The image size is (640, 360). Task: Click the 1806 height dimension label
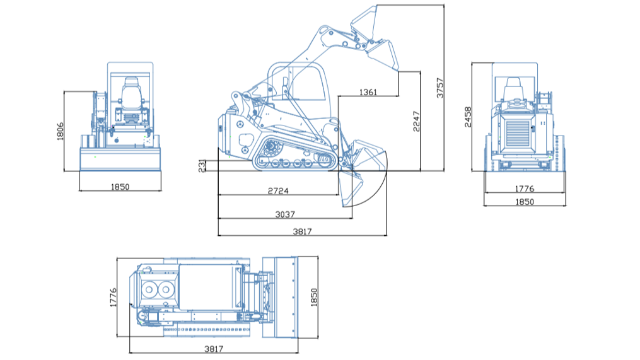[61, 132]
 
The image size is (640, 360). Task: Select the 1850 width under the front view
[120, 187]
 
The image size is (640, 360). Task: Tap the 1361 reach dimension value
[368, 92]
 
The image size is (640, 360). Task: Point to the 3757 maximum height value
[440, 88]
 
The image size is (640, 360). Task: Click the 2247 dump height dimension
[416, 120]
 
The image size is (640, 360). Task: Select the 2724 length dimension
[278, 191]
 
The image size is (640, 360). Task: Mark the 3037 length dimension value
[285, 214]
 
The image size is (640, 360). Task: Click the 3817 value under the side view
[302, 231]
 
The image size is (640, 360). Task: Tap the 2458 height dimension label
[468, 117]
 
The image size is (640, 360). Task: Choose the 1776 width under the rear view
[525, 189]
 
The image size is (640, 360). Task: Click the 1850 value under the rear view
[525, 202]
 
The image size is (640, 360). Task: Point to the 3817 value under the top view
[214, 349]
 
